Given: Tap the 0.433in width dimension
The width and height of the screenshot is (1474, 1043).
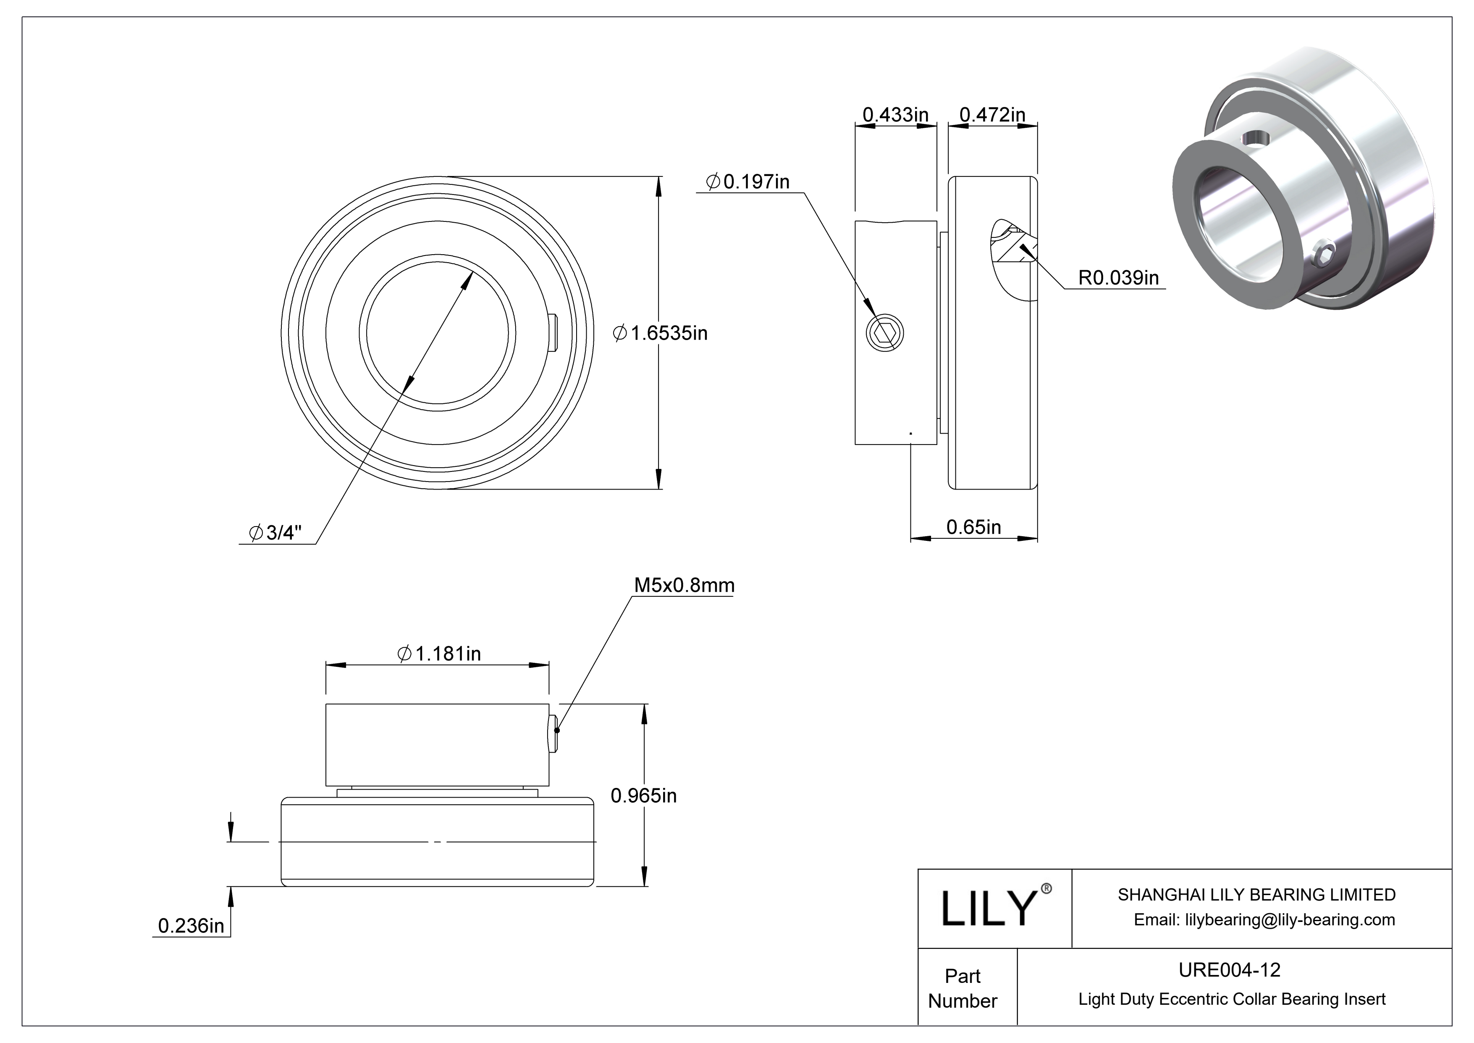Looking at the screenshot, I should [x=895, y=115].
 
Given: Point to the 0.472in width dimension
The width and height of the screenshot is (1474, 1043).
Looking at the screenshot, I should [x=992, y=115].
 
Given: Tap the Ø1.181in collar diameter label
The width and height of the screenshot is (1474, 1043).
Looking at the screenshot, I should [x=439, y=654].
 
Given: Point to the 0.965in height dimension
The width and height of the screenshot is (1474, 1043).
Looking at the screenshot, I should [x=643, y=796].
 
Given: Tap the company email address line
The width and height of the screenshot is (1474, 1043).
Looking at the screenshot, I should [x=1264, y=920].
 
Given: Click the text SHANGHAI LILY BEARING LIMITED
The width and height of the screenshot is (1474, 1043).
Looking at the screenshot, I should [x=1256, y=895].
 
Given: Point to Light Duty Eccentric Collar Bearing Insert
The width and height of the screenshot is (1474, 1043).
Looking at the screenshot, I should [x=1231, y=999].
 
